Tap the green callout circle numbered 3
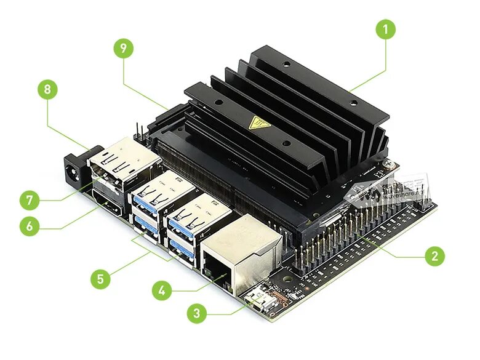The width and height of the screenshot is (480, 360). (196, 313)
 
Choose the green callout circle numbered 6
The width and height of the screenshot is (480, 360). (29, 226)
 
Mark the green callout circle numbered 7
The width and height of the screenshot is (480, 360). (29, 200)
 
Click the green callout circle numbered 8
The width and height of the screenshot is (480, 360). (47, 90)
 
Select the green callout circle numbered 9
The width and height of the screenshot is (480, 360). (124, 49)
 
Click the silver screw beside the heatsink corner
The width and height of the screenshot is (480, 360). (388, 164)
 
